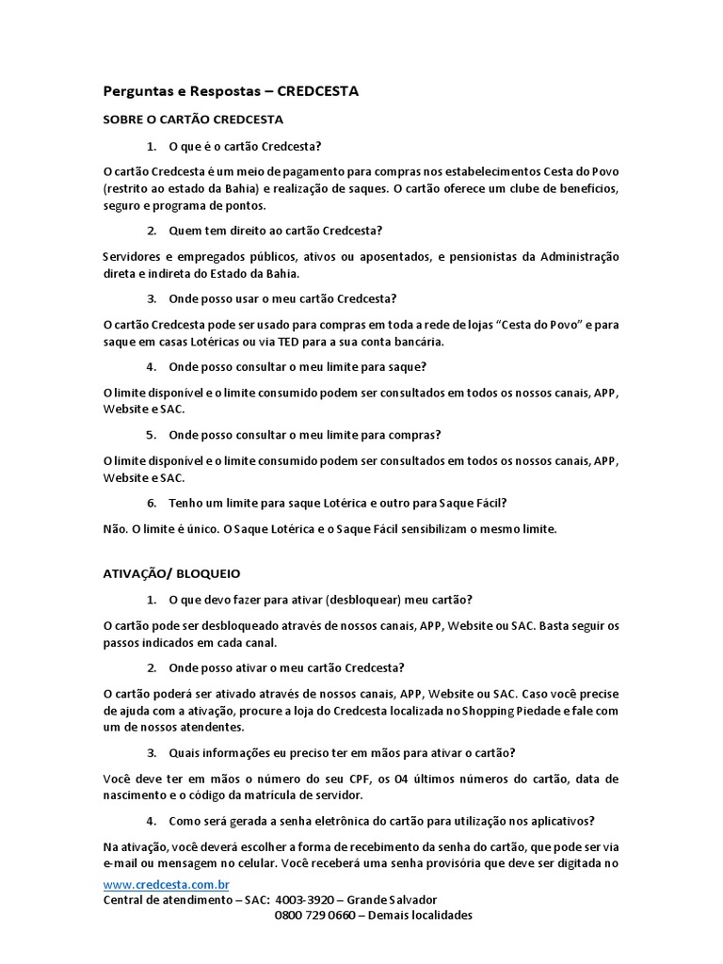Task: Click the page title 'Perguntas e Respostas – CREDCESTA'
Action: click(x=231, y=91)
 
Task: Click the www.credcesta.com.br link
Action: click(x=166, y=885)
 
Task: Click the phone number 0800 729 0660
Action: click(x=315, y=915)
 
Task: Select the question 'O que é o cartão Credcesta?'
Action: click(x=245, y=147)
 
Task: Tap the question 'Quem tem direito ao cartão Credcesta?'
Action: click(x=275, y=231)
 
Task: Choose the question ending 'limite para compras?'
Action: click(x=305, y=435)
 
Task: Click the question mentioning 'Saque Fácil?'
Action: click(x=338, y=503)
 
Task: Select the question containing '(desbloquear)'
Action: click(x=320, y=600)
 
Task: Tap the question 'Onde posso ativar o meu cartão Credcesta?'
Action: click(x=286, y=668)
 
